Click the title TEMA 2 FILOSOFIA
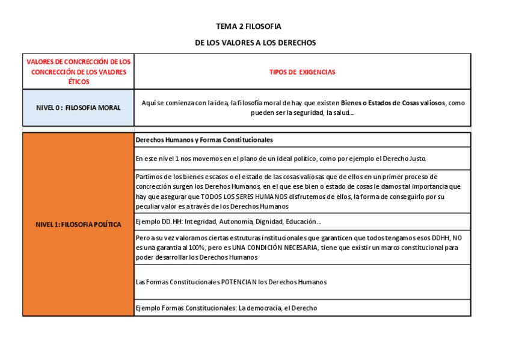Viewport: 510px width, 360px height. click(248, 26)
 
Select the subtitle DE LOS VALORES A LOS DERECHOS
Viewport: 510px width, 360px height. click(255, 43)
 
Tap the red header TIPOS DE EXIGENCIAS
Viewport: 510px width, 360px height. click(302, 72)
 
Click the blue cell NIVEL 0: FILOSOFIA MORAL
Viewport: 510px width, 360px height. click(78, 108)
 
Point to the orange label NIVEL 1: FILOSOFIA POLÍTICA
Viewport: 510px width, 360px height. click(78, 224)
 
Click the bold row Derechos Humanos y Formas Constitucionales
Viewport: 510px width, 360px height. click(204, 139)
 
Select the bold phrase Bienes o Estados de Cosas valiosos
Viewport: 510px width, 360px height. click(393, 103)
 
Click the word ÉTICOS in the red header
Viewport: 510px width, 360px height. click(78, 81)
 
